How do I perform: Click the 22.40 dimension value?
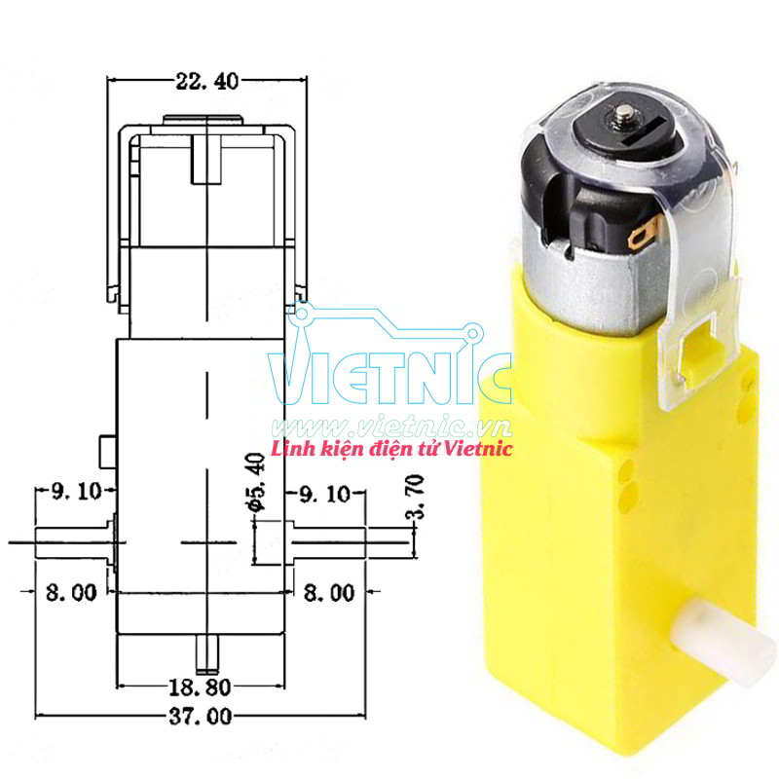click(206, 82)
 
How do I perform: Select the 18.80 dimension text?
click(201, 686)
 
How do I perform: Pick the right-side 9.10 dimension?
click(325, 495)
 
